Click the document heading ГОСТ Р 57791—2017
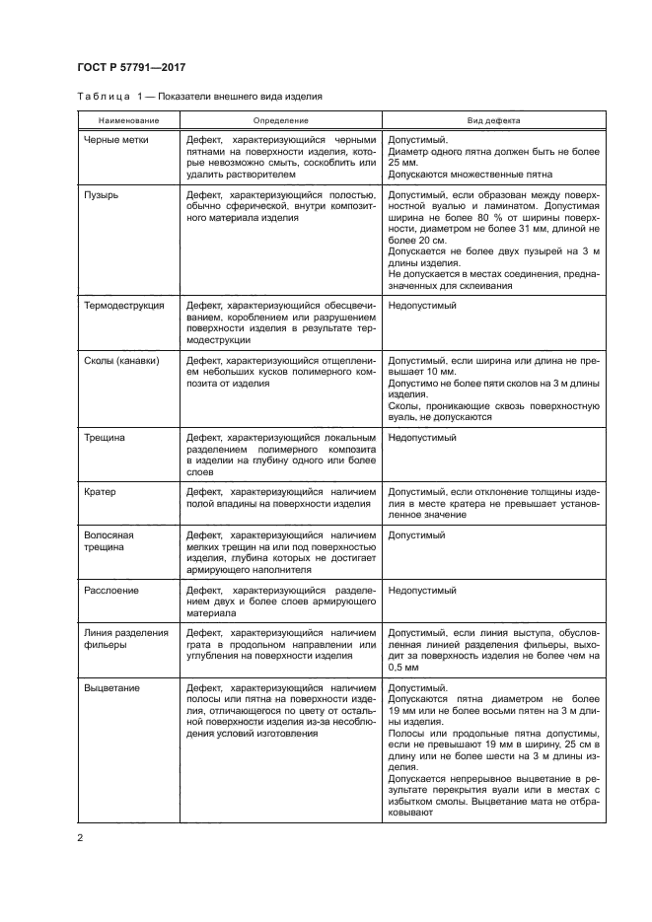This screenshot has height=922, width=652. [132, 67]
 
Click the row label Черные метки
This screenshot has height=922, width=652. [116, 140]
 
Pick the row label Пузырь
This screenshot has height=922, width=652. [102, 195]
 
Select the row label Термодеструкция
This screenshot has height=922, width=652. [124, 306]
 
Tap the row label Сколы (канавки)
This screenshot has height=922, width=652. [122, 361]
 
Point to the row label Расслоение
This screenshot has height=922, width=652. [111, 590]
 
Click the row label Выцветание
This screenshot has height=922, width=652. [111, 687]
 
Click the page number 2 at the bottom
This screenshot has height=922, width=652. [81, 838]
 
